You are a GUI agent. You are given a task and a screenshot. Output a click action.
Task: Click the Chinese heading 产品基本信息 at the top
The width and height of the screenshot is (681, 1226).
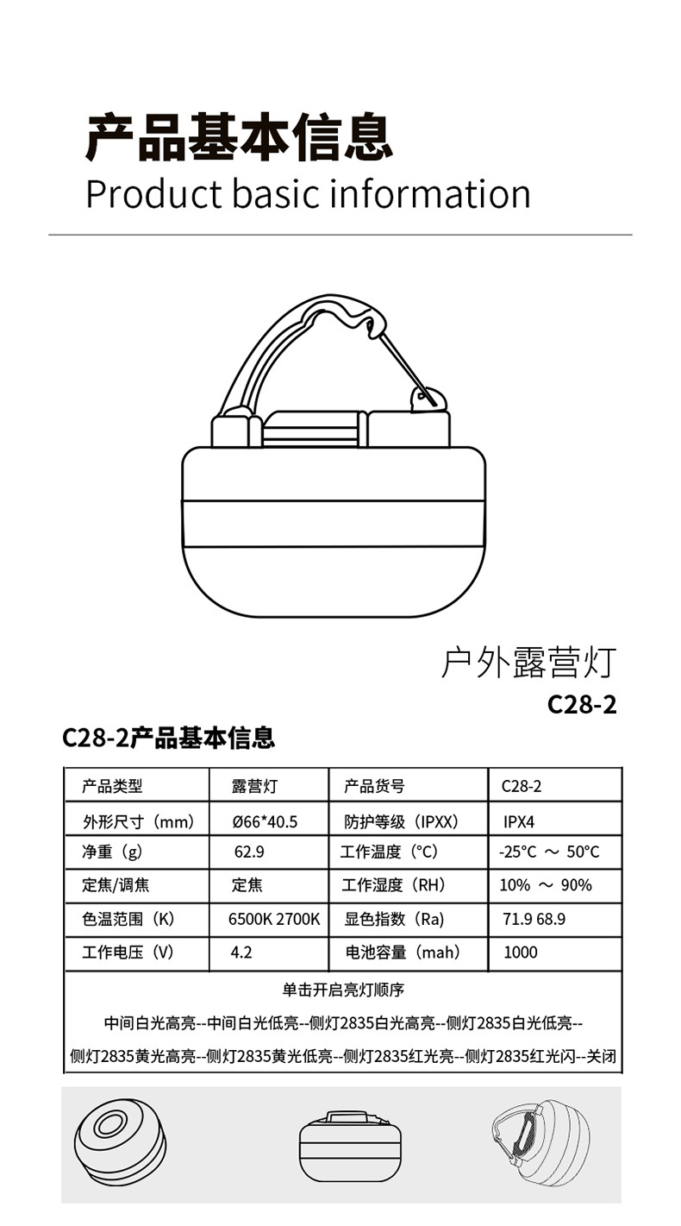point(240,137)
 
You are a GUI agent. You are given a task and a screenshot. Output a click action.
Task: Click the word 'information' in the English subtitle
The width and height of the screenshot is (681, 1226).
point(430,194)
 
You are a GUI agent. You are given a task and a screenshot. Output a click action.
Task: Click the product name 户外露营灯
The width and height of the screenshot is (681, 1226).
point(528,663)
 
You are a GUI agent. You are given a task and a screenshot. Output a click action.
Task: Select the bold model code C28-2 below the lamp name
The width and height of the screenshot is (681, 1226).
point(582,704)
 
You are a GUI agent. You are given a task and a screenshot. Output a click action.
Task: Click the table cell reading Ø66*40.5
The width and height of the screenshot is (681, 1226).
point(265,821)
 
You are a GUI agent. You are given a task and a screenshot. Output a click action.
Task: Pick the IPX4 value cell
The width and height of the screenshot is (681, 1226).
point(519,821)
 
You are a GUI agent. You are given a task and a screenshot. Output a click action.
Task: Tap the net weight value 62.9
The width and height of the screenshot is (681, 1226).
point(249,852)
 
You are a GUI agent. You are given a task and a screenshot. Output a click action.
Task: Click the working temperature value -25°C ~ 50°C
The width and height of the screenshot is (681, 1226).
point(549,852)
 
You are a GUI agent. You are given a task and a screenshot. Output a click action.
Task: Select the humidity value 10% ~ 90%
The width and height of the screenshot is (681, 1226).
point(546,885)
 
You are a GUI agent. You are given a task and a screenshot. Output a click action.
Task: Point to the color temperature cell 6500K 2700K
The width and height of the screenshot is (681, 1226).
point(273,920)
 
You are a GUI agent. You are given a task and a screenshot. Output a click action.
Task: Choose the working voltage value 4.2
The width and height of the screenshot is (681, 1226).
point(241,953)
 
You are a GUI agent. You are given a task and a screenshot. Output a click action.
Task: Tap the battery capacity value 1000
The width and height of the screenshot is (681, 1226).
point(520,953)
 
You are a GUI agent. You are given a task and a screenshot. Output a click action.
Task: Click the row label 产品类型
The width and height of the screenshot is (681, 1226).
point(112,786)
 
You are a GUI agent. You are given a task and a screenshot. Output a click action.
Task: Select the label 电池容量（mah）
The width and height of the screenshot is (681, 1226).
point(403,953)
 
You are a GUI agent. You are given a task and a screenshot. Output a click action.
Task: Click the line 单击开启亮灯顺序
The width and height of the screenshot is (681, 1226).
point(343,990)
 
